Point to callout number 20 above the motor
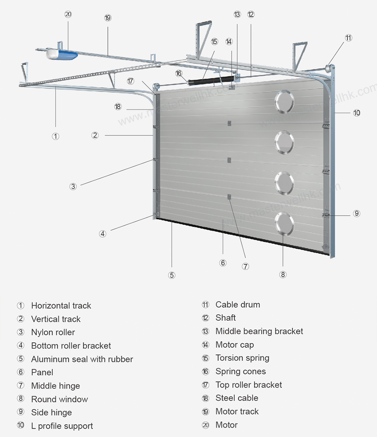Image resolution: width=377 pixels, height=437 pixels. (68, 14)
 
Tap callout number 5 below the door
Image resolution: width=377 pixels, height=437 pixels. (172, 275)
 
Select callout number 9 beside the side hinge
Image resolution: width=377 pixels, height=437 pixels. (357, 214)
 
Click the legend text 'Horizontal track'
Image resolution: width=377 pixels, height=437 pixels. (61, 306)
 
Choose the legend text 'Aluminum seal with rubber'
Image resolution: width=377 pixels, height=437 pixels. (82, 359)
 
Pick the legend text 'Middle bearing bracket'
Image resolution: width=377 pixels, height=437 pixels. (259, 331)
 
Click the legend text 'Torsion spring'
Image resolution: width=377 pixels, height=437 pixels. (242, 358)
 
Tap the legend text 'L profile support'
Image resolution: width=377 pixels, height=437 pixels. (62, 426)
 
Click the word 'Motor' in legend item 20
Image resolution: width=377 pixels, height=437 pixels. (226, 425)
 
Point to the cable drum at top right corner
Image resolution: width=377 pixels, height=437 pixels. (329, 69)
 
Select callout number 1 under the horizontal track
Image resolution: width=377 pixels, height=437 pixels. (55, 136)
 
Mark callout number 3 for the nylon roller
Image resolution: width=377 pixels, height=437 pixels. (73, 186)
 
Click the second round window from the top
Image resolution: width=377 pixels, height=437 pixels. (284, 142)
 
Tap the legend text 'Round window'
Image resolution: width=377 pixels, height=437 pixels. (60, 399)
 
